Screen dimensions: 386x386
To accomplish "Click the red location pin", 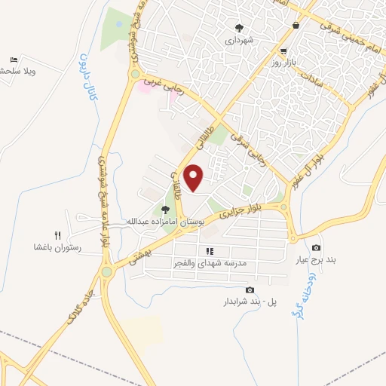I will [194, 177].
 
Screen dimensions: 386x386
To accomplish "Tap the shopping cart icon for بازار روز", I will [283, 51].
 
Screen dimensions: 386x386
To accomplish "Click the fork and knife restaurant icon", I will [57, 235].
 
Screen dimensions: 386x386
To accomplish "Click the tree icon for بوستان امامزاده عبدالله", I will [166, 209].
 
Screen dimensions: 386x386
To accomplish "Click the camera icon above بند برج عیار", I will [316, 248].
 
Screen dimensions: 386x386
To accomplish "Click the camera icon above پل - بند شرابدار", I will [250, 289].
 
